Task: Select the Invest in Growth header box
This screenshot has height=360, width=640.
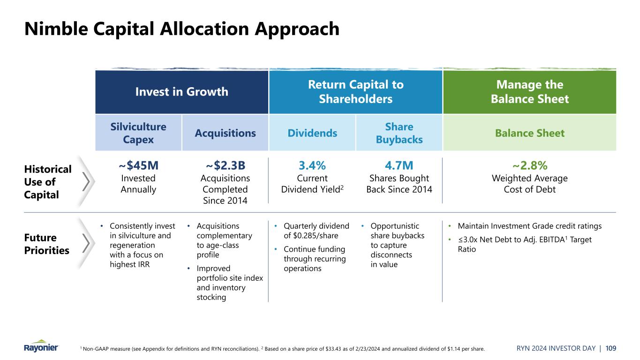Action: click(x=181, y=92)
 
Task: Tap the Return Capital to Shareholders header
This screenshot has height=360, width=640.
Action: click(x=355, y=92)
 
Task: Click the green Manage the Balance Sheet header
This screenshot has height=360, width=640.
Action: click(x=529, y=92)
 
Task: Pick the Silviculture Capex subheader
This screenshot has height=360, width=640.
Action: click(x=138, y=133)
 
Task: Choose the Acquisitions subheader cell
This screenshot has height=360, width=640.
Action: click(x=226, y=133)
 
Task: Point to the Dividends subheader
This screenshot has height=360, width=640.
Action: click(x=312, y=133)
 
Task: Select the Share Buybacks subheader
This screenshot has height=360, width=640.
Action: click(x=399, y=133)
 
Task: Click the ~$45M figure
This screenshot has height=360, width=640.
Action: click(x=138, y=166)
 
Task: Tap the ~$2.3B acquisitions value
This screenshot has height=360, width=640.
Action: click(x=226, y=166)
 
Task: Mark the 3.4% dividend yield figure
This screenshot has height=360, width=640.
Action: click(x=312, y=166)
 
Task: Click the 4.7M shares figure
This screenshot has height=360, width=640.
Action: click(x=399, y=166)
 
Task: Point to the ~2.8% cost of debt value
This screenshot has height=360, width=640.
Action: click(x=529, y=166)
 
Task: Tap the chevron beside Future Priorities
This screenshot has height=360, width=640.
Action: click(x=86, y=243)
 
